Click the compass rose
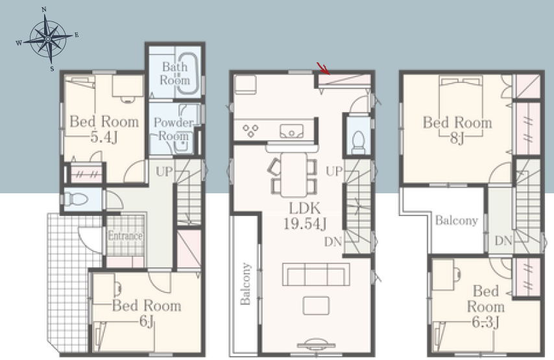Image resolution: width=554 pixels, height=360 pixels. (48, 38)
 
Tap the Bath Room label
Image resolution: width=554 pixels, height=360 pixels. (175, 73)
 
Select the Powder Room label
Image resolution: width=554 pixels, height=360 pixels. (173, 129)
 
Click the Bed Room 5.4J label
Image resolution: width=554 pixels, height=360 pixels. (104, 129)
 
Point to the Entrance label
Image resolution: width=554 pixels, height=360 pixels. (125, 235)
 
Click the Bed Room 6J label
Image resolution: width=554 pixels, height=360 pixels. (147, 313)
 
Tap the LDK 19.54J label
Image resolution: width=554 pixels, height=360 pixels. (305, 216)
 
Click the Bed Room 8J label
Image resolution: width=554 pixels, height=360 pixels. (457, 130)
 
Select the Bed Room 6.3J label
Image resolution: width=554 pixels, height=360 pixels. (486, 306)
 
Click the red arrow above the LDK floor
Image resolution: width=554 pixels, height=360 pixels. (323, 69)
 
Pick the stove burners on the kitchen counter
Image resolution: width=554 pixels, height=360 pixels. (250, 130)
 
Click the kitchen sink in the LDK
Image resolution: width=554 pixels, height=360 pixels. (291, 131)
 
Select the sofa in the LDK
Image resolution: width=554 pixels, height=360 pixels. (316, 274)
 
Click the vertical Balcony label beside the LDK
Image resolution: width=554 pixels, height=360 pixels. (245, 283)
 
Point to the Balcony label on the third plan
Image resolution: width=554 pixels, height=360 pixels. (457, 221)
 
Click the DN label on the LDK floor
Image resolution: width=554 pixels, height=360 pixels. (333, 242)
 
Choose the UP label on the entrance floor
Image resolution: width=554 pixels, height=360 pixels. (164, 172)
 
